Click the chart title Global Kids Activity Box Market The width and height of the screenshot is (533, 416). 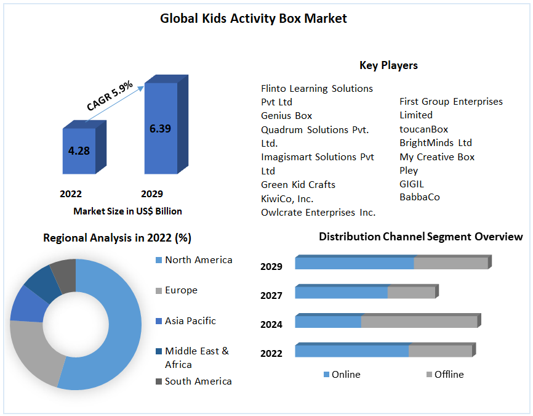pyautogui.click(x=253, y=18)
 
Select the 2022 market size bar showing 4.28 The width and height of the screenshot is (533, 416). pyautogui.click(x=79, y=150)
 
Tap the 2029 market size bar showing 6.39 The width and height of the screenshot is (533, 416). pyautogui.click(x=160, y=128)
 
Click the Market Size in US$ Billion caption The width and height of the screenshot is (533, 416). pyautogui.click(x=127, y=211)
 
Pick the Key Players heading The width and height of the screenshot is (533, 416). pyautogui.click(x=388, y=65)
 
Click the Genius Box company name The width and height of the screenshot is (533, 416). pyautogui.click(x=286, y=116)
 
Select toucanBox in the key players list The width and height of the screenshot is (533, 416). pyautogui.click(x=423, y=129)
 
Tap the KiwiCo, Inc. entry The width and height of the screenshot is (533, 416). pyautogui.click(x=287, y=198)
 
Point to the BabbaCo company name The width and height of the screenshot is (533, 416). pyautogui.click(x=419, y=197)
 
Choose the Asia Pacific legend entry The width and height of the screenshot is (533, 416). pyautogui.click(x=190, y=321)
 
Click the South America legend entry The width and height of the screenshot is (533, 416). pyautogui.click(x=198, y=381)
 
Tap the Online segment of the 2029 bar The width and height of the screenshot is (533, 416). pyautogui.click(x=354, y=263)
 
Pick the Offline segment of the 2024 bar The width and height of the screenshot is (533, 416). pyautogui.click(x=419, y=322)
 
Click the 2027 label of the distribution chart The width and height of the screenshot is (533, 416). pyautogui.click(x=271, y=296)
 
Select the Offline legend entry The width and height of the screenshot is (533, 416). pyautogui.click(x=449, y=374)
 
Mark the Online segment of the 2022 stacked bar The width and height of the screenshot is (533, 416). pyautogui.click(x=351, y=351)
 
